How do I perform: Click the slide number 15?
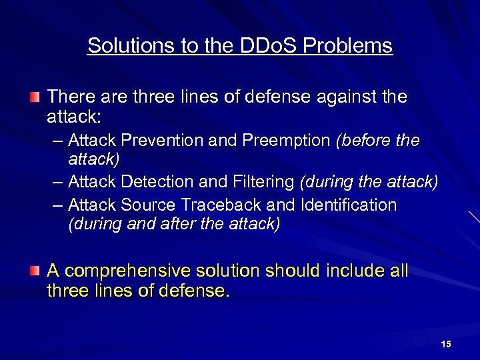[x=446, y=344]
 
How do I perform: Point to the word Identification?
[x=349, y=205]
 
